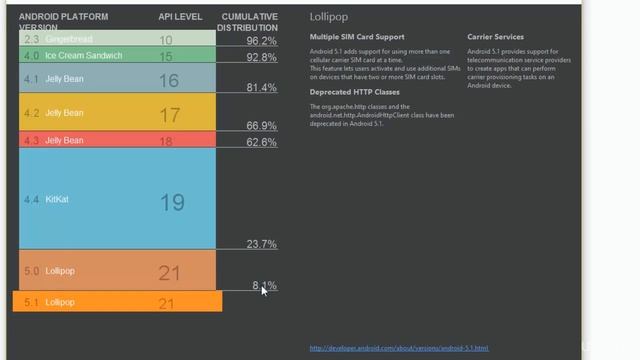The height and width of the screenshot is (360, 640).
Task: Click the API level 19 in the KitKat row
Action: pyautogui.click(x=172, y=202)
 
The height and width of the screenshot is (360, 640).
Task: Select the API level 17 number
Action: pyautogui.click(x=170, y=115)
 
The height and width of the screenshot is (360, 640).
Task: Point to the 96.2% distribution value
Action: pyautogui.click(x=261, y=41)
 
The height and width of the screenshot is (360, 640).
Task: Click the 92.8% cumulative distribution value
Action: pyautogui.click(x=261, y=58)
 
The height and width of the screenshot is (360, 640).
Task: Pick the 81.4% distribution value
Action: pyautogui.click(x=261, y=88)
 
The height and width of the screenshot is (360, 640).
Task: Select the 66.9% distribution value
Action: pyautogui.click(x=261, y=126)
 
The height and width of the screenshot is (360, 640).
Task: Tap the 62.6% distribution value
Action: pyautogui.click(x=261, y=142)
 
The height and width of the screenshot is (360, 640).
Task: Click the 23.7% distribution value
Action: pyautogui.click(x=261, y=244)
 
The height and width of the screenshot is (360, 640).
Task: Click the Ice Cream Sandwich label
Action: pyautogui.click(x=84, y=55)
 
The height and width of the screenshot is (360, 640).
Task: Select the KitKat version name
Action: pyautogui.click(x=57, y=200)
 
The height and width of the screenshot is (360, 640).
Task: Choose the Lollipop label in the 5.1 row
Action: pyautogui.click(x=60, y=302)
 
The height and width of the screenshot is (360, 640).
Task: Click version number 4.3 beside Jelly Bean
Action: pyautogui.click(x=31, y=141)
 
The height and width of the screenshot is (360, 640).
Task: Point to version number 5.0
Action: pyautogui.click(x=31, y=271)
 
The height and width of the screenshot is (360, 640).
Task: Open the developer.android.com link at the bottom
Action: pyautogui.click(x=399, y=348)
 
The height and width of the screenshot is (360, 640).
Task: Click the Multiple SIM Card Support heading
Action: pyautogui.click(x=357, y=37)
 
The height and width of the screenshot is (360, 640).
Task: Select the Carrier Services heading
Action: pyautogui.click(x=495, y=37)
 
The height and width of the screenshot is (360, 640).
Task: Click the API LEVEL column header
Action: pyautogui.click(x=179, y=17)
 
